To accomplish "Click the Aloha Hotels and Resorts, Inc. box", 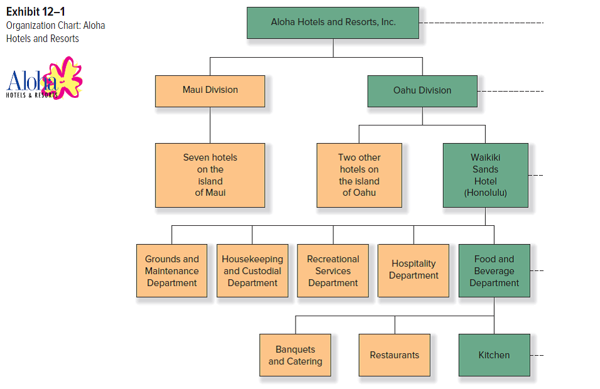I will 333,23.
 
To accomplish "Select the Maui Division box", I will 210,90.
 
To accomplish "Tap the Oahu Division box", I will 422,90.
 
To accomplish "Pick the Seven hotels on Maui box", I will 210,175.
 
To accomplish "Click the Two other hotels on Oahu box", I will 359,175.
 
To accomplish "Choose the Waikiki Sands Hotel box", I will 485,175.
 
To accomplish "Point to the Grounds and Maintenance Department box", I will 172,270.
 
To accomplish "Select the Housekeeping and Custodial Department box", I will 252,270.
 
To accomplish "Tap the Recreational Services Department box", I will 333,270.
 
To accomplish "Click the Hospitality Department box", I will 413,270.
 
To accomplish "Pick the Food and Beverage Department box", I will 494,270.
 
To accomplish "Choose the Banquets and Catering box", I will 295,355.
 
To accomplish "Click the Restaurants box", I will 394,355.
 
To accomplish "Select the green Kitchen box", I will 494,355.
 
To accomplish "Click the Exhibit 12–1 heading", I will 36,11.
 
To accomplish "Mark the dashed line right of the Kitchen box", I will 537,355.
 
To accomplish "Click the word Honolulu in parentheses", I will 485,193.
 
